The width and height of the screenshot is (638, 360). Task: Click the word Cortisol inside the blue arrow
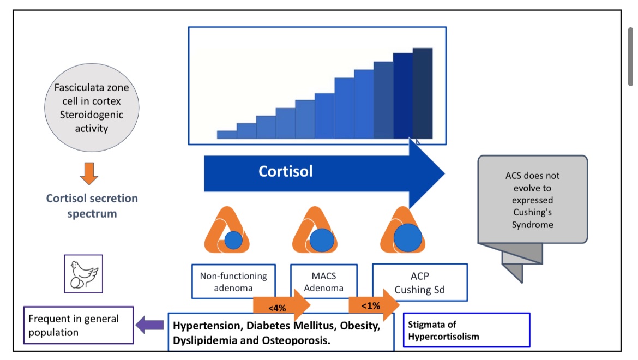[286, 171]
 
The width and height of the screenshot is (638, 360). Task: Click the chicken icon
[83, 274]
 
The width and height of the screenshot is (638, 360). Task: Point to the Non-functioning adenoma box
[233, 282]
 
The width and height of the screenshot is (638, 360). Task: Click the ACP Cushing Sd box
[419, 283]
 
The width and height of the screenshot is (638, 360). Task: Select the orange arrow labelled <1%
[374, 305]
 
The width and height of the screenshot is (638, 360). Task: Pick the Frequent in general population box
[79, 325]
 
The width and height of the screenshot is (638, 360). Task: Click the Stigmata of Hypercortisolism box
[466, 330]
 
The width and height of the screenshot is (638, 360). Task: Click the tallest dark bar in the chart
[422, 93]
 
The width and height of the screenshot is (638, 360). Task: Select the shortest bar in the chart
[227, 135]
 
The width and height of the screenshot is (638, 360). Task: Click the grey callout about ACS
[532, 200]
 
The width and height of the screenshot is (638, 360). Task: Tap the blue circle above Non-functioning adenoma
[233, 239]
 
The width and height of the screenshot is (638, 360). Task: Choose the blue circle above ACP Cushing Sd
[408, 237]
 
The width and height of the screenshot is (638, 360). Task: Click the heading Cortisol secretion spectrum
[92, 206]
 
